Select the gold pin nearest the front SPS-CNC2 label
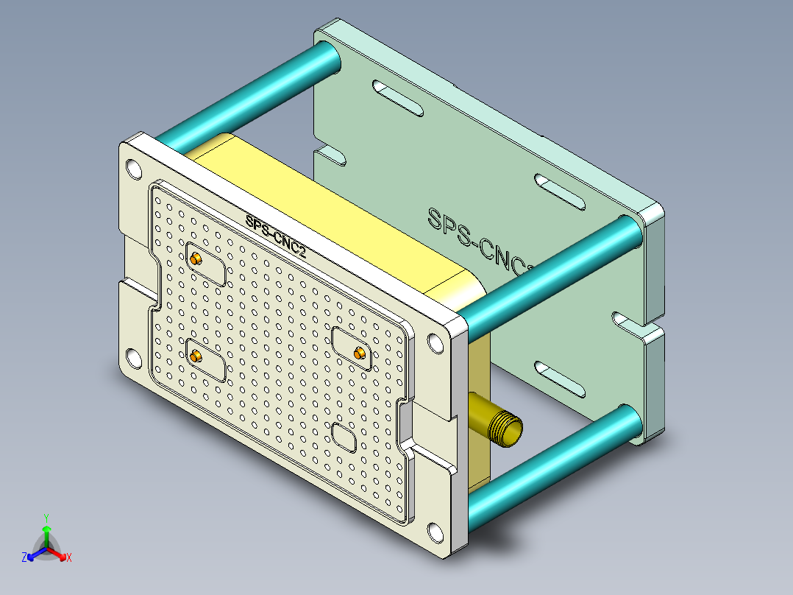coord(196,259)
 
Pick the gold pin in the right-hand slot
coord(360,353)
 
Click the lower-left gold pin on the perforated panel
coord(196,357)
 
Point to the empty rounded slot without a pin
coord(344,437)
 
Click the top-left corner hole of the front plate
coord(132,169)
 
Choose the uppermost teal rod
coord(250,94)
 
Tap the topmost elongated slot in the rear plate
coord(397,99)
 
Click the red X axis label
coord(69,558)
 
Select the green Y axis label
coord(46,518)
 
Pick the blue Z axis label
coord(24,558)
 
